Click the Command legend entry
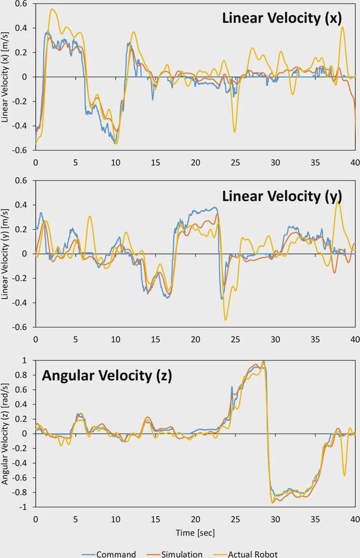tap(116, 554)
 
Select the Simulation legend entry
tap(182, 554)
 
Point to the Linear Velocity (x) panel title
tap(281, 18)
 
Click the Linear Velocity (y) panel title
tap(281, 195)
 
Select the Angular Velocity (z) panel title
tap(107, 375)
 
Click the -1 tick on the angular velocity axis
tap(23, 507)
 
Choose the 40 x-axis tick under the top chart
tap(355, 162)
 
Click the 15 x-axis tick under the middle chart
tap(155, 339)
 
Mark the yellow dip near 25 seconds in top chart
tap(235, 131)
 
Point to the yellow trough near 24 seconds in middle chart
tap(225, 320)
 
